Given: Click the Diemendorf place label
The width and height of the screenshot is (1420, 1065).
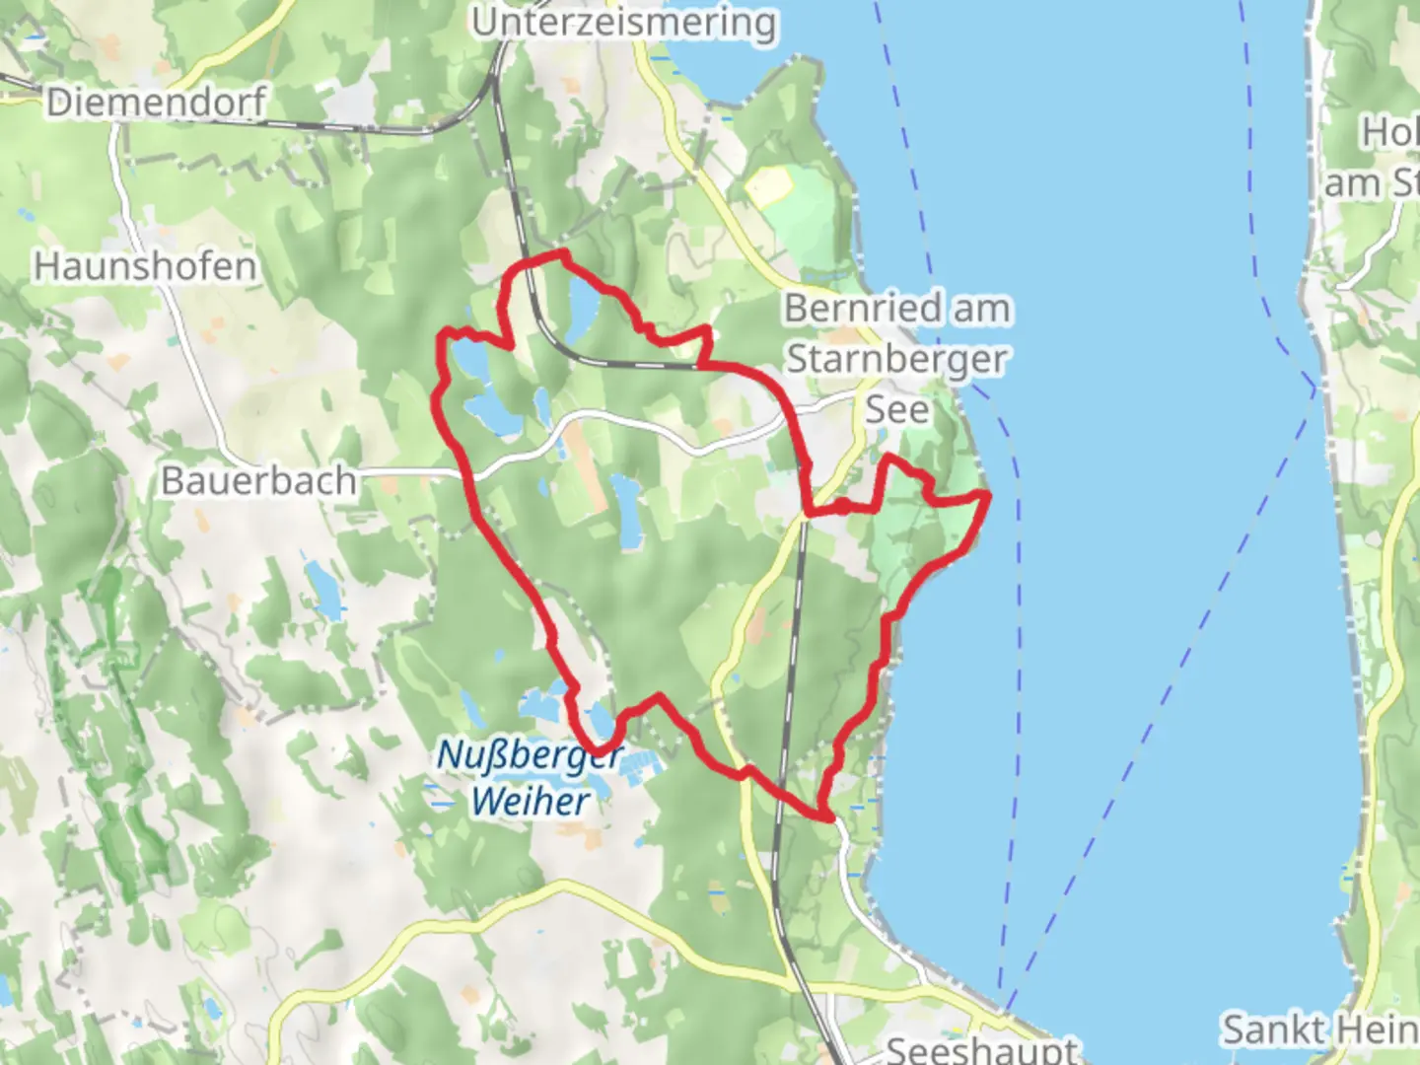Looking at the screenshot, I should (x=156, y=103).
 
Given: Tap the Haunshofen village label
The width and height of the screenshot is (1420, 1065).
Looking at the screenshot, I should (x=145, y=266).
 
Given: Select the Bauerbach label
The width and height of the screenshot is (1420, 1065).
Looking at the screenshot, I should (x=258, y=481).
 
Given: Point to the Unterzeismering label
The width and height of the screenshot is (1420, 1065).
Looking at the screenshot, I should (x=623, y=22).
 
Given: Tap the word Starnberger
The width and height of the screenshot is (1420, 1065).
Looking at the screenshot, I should (x=896, y=359).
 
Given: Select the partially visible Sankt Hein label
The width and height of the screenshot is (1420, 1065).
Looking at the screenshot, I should (x=1319, y=1029).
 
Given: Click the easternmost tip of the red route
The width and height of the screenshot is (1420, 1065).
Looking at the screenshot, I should (x=988, y=493).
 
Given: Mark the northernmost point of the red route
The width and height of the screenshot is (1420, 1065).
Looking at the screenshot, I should (x=563, y=254).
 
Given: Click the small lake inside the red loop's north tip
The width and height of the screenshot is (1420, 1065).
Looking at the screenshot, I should (x=582, y=307).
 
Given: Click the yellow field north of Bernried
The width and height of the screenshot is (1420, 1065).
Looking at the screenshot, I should (x=769, y=185).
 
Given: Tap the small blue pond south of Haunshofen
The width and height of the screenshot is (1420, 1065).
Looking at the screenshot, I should (x=322, y=590).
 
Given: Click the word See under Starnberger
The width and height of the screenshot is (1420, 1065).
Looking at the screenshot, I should (x=896, y=409).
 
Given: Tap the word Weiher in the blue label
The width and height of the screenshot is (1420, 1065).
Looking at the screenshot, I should (x=530, y=801).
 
